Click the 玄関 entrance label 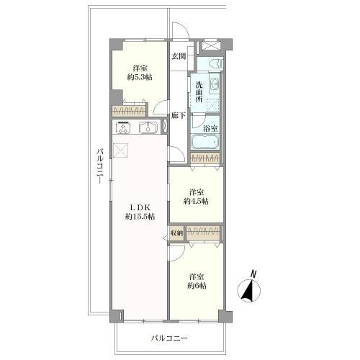coord(179,56)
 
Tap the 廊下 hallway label coord(179,116)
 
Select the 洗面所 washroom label coord(199,92)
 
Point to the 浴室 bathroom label coord(210,128)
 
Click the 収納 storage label coord(177,233)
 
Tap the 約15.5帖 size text coord(140,217)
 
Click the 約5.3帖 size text coord(140,77)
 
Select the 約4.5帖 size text coord(197,201)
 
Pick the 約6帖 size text coord(197,286)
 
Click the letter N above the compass coord(253,274)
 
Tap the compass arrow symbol coord(249,291)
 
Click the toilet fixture coord(216,64)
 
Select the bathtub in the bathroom coord(205,142)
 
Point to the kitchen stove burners coord(123,127)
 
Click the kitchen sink coord(148,128)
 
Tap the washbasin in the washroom coord(215,84)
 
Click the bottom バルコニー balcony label coord(169,338)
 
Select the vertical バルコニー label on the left coord(100,166)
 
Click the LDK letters coord(140,207)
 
